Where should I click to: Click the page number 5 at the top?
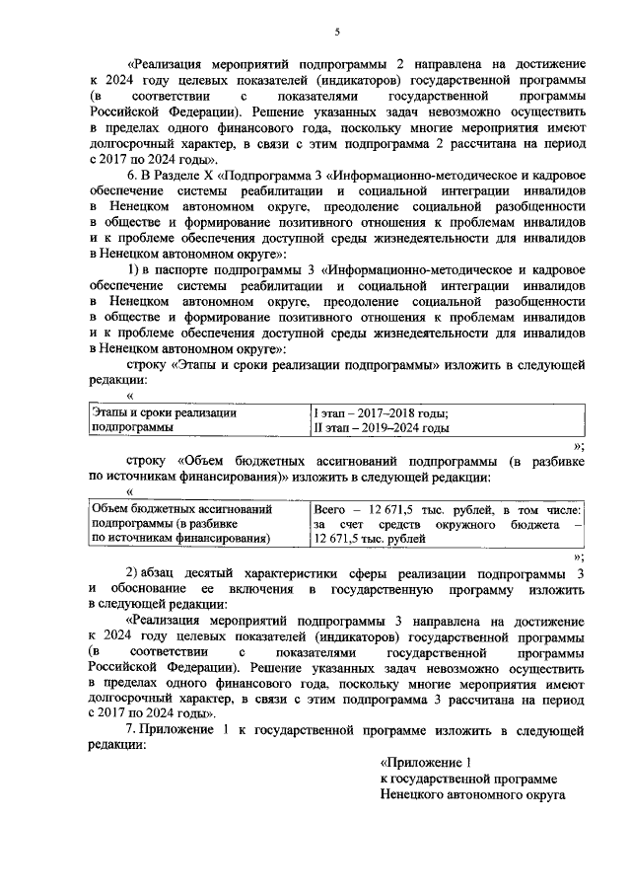[336, 33]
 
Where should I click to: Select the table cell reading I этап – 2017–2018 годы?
[380, 413]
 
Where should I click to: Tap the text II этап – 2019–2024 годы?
[381, 428]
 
